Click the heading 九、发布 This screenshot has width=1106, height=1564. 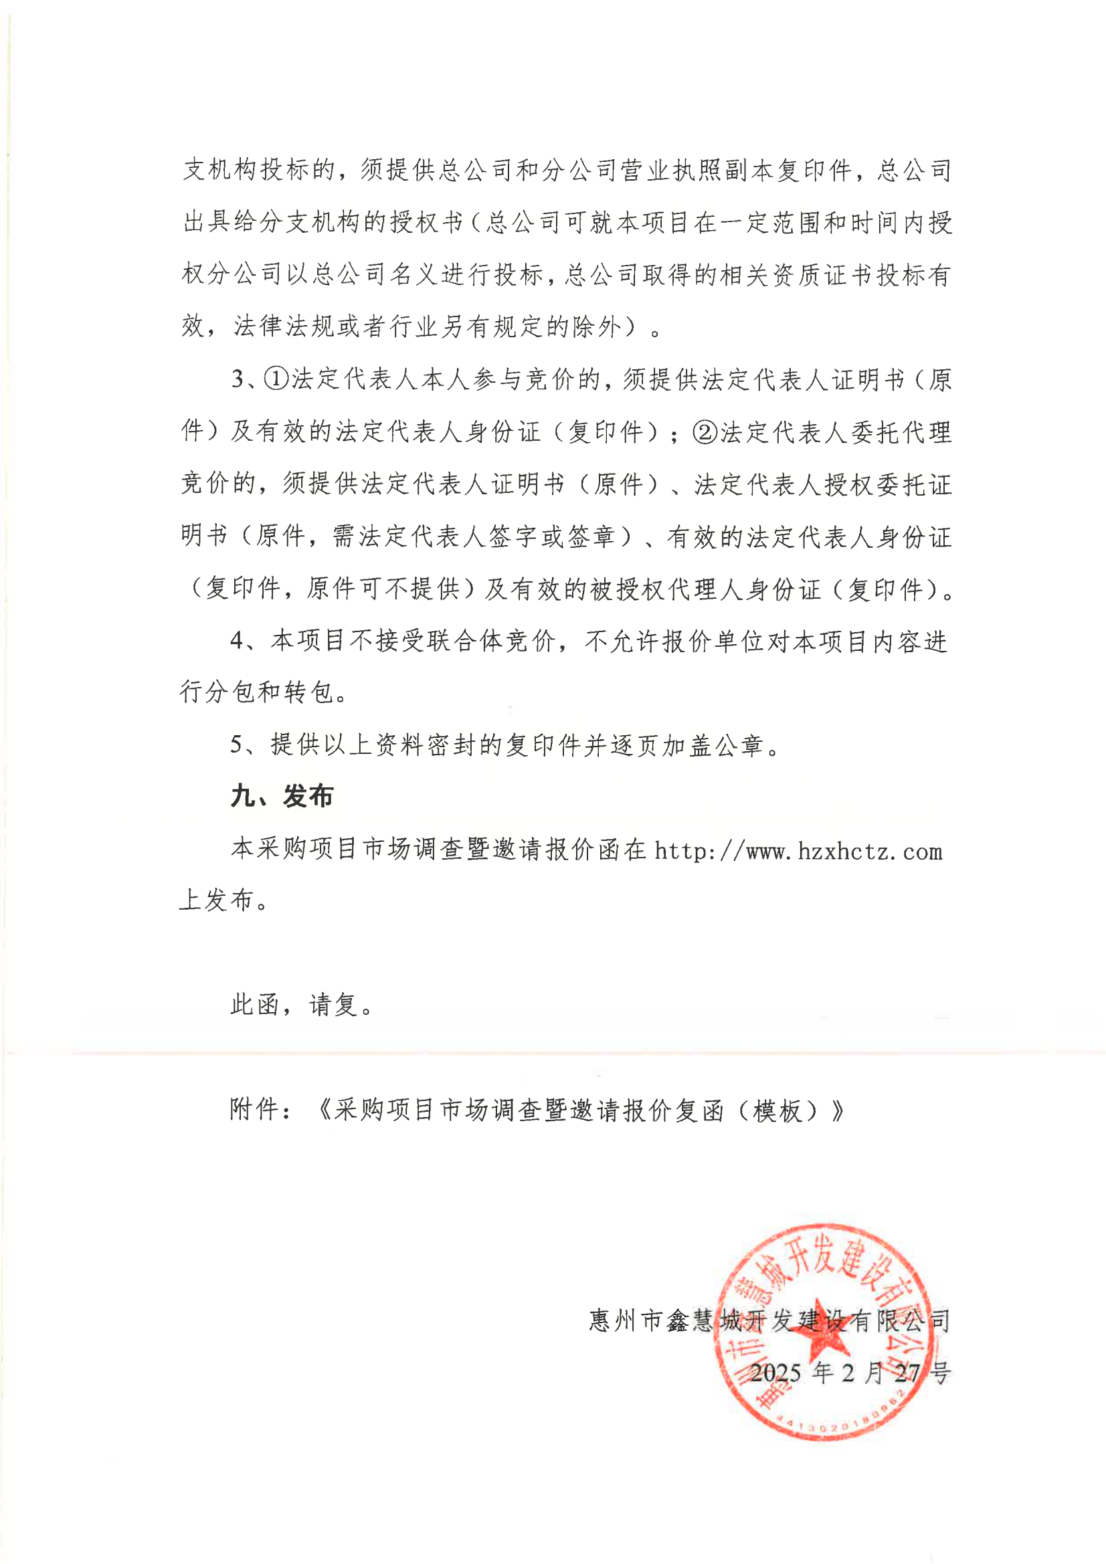coord(282,796)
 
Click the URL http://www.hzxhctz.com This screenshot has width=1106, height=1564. coord(798,852)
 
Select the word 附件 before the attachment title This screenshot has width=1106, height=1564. coord(254,1110)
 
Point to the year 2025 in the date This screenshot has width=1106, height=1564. coord(776,1373)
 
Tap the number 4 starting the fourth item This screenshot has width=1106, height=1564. coord(237,641)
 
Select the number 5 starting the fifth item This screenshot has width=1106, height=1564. coord(236,745)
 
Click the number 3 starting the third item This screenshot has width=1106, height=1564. coord(238,379)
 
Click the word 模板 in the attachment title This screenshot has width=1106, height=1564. coord(777,1110)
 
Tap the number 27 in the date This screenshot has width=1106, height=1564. coord(907,1373)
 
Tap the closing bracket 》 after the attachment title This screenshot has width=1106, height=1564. coord(838,1110)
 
